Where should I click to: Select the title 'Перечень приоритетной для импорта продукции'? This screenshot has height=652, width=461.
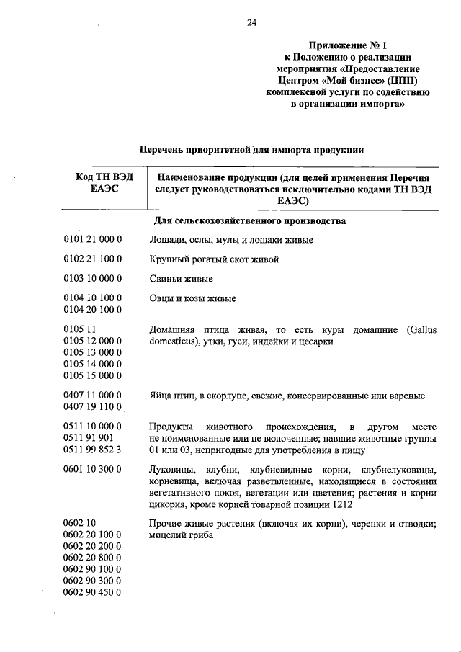pos(251,151)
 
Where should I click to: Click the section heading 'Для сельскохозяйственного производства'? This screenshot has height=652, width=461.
pos(251,220)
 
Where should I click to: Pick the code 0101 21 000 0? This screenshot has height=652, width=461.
pos(92,240)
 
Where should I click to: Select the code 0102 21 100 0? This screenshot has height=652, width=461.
pos(92,259)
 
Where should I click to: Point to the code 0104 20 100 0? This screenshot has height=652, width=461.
pos(92,310)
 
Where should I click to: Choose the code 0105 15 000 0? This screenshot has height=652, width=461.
pos(92,375)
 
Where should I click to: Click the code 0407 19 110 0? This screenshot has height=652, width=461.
pos(92,408)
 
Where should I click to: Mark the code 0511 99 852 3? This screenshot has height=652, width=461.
pos(92,450)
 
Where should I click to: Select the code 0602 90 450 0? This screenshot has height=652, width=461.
pos(92,592)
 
